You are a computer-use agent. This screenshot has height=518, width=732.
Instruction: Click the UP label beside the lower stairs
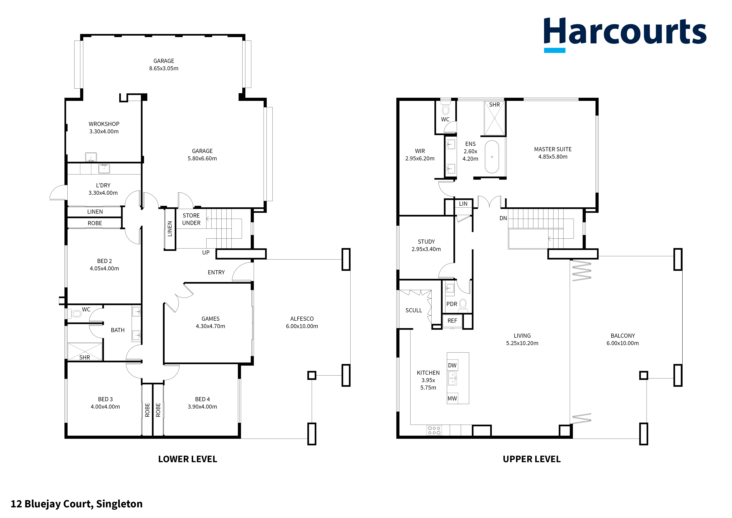[x=206, y=253]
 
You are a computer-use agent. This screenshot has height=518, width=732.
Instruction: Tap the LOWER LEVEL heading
[x=187, y=459]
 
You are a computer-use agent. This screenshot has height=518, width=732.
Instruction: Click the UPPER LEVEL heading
[x=531, y=459]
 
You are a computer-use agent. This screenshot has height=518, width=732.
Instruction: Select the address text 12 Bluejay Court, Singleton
[x=77, y=504]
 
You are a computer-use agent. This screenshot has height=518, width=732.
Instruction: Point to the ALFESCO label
[x=302, y=319]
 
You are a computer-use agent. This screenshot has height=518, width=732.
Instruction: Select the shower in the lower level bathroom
[x=85, y=351]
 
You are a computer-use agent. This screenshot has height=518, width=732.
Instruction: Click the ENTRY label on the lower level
[x=216, y=272]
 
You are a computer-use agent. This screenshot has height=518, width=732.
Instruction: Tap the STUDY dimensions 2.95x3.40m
[x=426, y=249]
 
